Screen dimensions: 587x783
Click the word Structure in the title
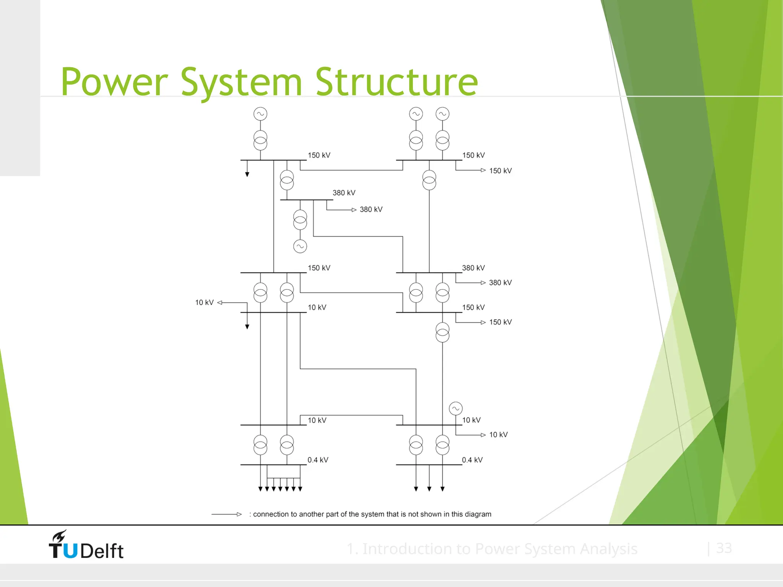(x=396, y=82)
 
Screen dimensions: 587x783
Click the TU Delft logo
(x=86, y=545)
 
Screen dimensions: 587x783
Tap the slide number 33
(x=724, y=548)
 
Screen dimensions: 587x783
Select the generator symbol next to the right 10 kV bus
(x=456, y=409)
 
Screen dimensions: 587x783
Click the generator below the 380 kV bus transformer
(x=300, y=246)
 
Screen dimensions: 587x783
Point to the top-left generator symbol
(x=260, y=114)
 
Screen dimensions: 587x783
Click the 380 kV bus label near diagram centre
(x=344, y=193)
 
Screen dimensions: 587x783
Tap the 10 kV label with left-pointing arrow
(x=205, y=303)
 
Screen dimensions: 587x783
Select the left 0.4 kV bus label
(x=318, y=460)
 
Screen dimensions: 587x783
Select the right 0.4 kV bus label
(x=472, y=460)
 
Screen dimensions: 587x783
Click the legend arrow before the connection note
(x=227, y=514)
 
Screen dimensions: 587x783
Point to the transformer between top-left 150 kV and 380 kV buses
(x=287, y=180)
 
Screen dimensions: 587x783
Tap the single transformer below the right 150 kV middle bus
(x=442, y=332)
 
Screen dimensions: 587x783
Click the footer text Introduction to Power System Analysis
(x=492, y=549)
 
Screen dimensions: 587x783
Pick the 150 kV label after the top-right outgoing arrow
(x=500, y=171)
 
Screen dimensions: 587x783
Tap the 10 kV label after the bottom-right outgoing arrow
(x=498, y=435)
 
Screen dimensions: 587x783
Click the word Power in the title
(x=114, y=82)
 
